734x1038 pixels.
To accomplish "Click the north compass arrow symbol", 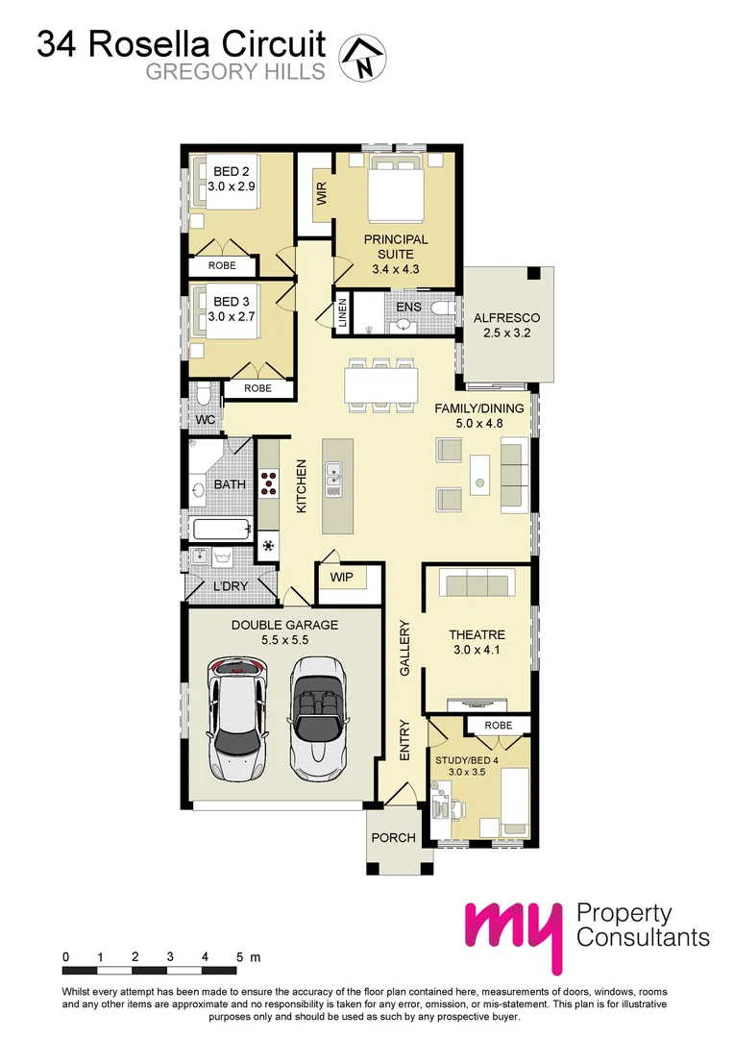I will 363,56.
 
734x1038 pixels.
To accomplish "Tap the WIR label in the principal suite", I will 321,195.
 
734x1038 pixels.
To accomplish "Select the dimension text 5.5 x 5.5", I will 284,642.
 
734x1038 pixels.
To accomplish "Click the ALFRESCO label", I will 507,318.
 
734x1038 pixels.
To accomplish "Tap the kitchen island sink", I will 333,478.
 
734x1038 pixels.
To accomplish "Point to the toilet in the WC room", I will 203,395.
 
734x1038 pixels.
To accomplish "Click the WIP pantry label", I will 342,578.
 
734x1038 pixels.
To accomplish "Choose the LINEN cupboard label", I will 342,314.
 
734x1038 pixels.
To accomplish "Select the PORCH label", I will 394,837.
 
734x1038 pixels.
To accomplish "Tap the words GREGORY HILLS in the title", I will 235,72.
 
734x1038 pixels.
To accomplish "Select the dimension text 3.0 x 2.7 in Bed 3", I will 231,317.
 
